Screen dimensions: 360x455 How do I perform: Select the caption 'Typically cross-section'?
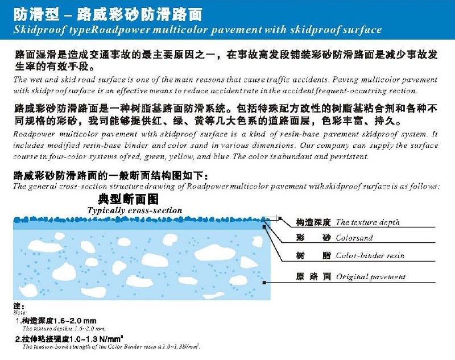pyautogui.click(x=135, y=210)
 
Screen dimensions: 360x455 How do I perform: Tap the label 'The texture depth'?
pyautogui.click(x=367, y=222)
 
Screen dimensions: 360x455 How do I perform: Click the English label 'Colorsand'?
pyautogui.click(x=354, y=238)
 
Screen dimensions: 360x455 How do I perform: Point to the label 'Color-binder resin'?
pyautogui.click(x=370, y=256)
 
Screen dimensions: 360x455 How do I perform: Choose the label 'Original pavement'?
pyautogui.click(x=370, y=277)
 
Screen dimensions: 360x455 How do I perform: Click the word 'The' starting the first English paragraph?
pyautogui.click(x=20, y=80)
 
